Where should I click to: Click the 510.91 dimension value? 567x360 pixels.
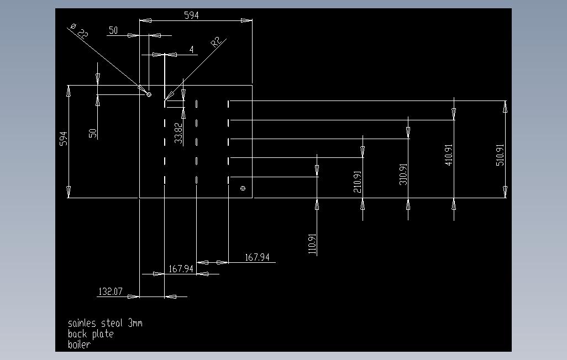(500, 155)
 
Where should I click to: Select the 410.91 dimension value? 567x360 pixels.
(448, 155)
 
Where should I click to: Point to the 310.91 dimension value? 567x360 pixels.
(403, 174)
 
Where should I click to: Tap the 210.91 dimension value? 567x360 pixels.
(357, 182)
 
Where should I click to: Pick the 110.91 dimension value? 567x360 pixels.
(312, 243)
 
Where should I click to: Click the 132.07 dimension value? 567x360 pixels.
(111, 292)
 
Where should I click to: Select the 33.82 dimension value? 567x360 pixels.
(179, 134)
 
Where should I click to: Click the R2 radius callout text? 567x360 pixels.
(216, 42)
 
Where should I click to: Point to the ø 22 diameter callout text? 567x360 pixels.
(79, 31)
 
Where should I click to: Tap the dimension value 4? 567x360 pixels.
(192, 49)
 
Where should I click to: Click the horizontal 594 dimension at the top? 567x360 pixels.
(191, 15)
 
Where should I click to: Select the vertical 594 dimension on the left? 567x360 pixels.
(64, 139)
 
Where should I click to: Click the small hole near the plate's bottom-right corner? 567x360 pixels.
(243, 188)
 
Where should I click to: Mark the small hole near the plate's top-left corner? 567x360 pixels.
(149, 95)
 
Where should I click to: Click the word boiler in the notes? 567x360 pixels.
(79, 345)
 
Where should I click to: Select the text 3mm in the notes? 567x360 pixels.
(135, 323)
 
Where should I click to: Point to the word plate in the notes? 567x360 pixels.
(103, 334)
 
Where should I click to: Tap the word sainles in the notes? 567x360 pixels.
(82, 323)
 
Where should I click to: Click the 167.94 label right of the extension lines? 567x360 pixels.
(257, 257)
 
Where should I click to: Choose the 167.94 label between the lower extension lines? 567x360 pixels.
(181, 269)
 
